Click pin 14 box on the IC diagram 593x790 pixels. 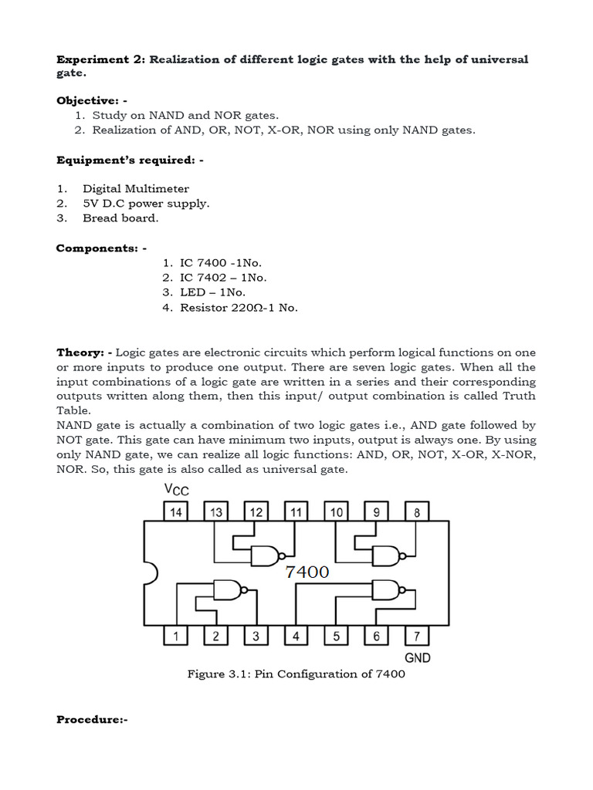click(175, 511)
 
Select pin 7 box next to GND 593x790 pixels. click(416, 636)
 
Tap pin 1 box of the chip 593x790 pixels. click(175, 636)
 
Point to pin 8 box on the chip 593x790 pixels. click(416, 511)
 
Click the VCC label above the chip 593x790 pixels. click(177, 490)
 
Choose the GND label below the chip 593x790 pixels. click(418, 657)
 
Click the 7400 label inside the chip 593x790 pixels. click(307, 572)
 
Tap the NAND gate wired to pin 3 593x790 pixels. click(228, 590)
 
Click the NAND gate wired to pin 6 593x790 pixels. click(387, 590)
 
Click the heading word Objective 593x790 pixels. click(83, 100)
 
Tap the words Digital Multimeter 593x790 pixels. click(136, 188)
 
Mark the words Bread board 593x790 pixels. click(120, 218)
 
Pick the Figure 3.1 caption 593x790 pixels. click(296, 674)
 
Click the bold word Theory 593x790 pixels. click(80, 352)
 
